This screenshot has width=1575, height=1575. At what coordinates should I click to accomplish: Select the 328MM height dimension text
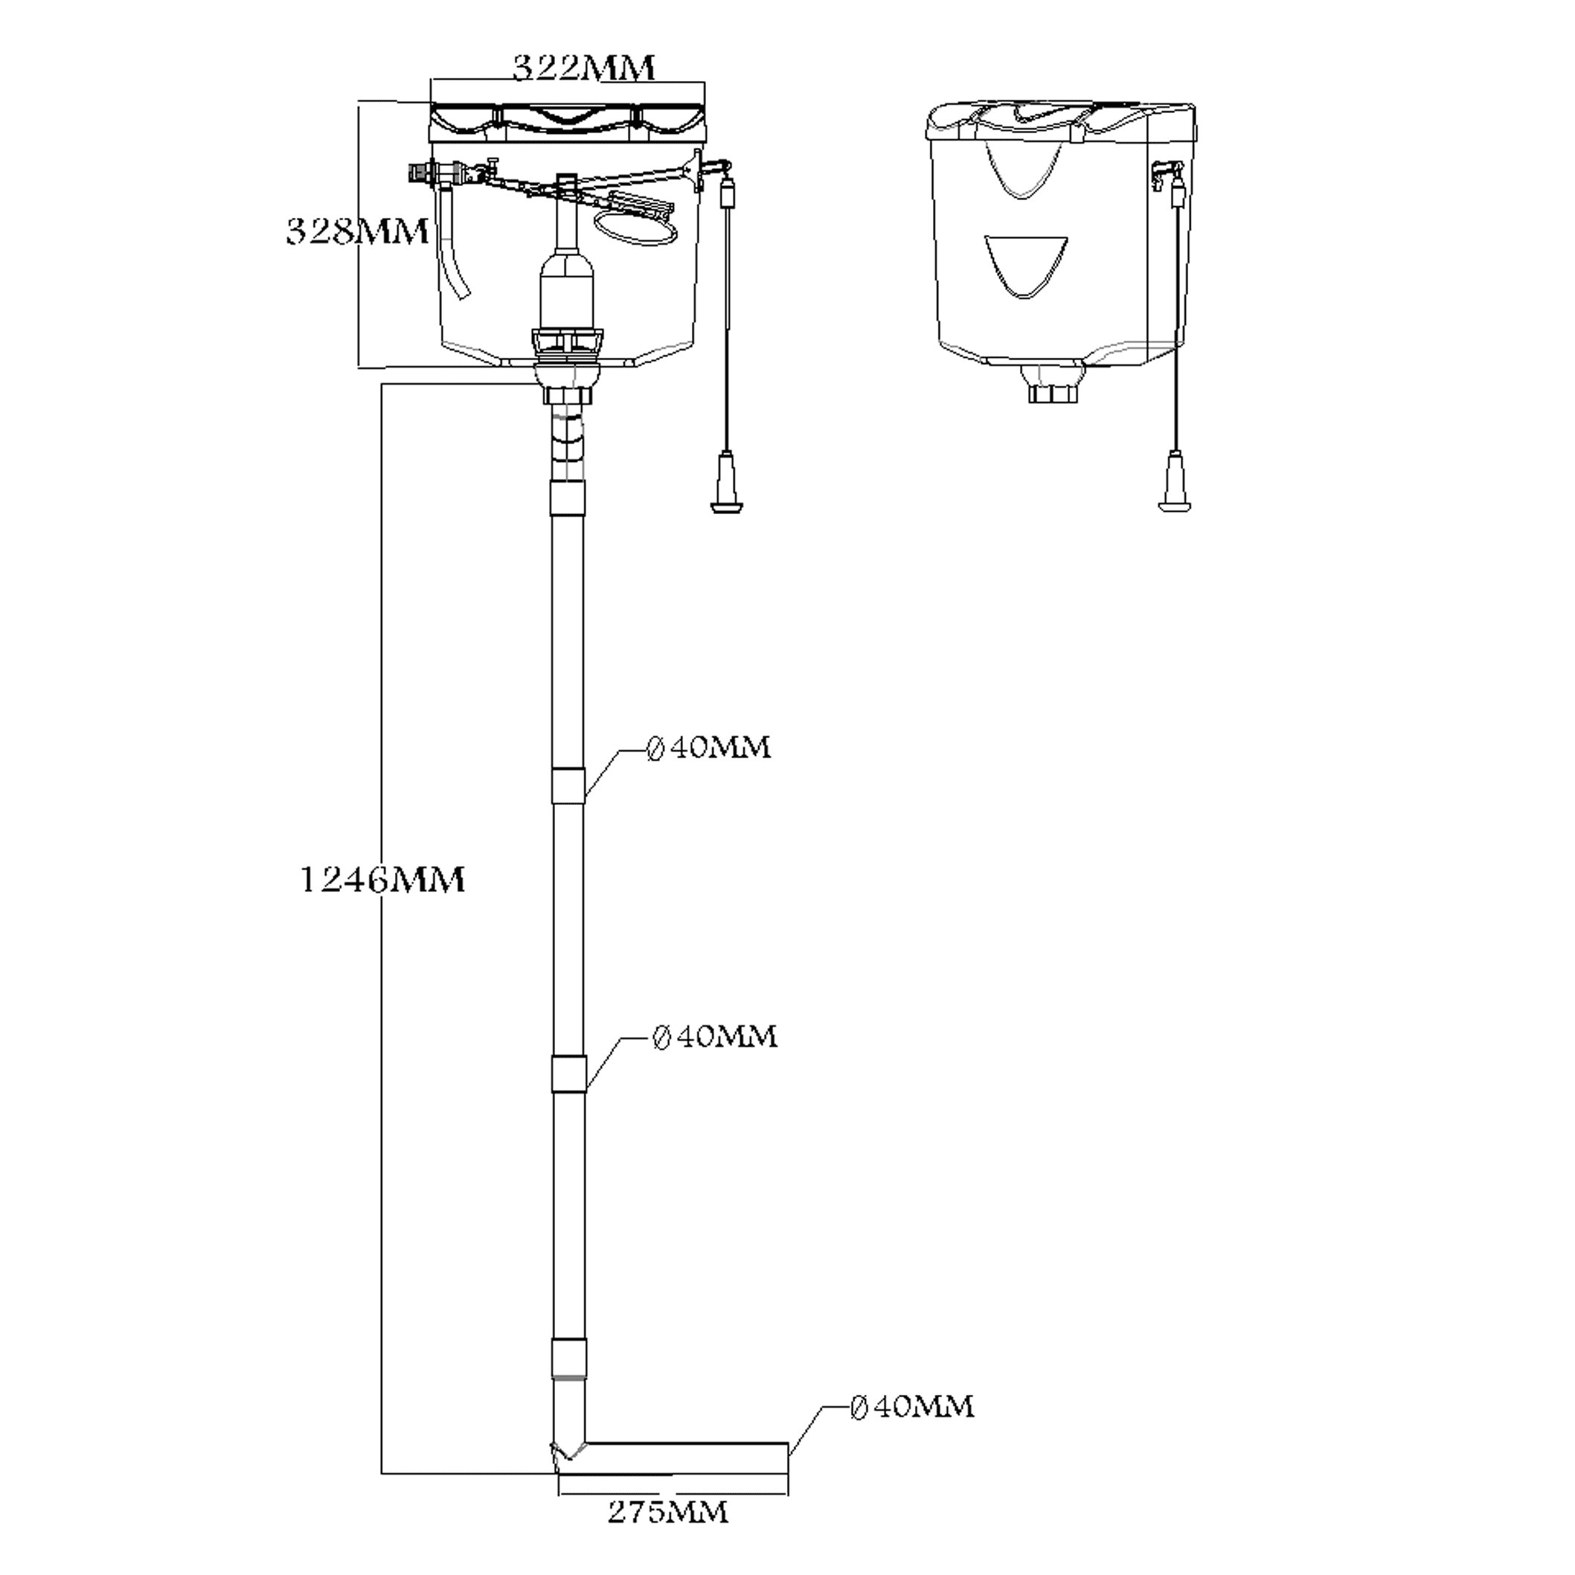coord(356,232)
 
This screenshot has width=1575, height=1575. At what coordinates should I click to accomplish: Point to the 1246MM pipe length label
coord(382,879)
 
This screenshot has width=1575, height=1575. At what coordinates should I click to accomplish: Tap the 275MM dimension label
coord(667,1513)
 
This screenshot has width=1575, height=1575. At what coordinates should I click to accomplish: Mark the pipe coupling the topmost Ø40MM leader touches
coord(568,785)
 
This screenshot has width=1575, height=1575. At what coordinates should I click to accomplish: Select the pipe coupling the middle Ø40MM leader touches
coord(568,1074)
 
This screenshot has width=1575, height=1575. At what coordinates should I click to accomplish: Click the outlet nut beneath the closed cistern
coord(1053,394)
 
